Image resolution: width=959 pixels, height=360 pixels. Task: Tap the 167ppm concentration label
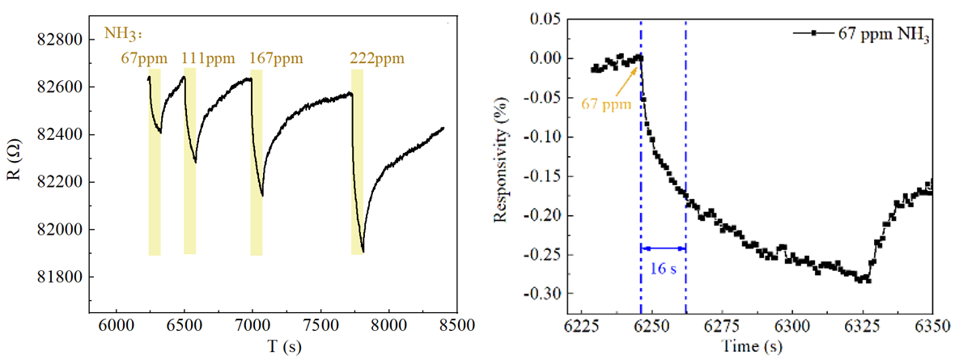[x=275, y=59]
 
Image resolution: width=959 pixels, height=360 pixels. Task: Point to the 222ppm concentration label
[x=376, y=59]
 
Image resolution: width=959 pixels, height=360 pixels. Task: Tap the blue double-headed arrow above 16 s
[x=663, y=248]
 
